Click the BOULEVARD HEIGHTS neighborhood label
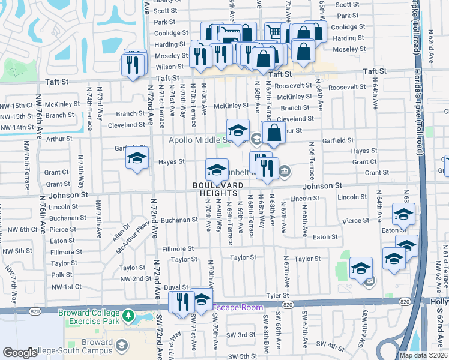click(x=218, y=188)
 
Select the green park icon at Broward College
click(x=127, y=316)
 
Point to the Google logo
click(x=20, y=352)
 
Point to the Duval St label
click(x=176, y=287)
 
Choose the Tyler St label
click(x=277, y=295)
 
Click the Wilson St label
click(x=170, y=67)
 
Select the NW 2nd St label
click(x=135, y=279)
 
